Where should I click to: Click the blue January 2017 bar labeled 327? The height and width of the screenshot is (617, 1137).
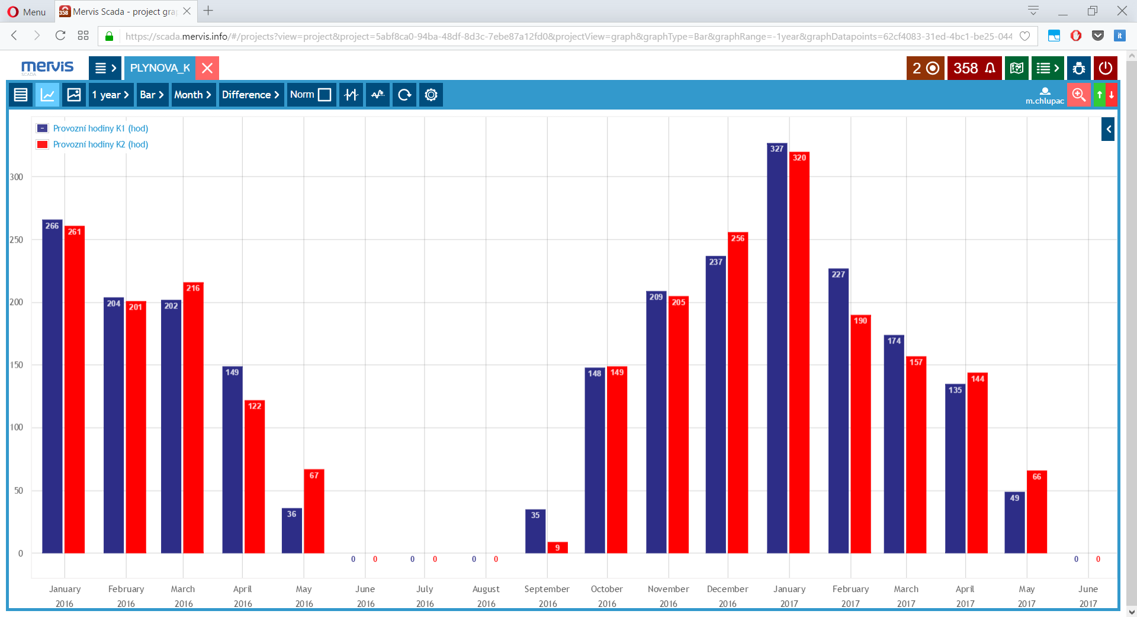(777, 349)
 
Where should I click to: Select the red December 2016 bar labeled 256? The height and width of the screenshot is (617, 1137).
(738, 394)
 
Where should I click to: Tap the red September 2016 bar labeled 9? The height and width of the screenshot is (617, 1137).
(557, 548)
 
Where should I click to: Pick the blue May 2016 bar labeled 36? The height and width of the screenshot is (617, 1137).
(292, 531)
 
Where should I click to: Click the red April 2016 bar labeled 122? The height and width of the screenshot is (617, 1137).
(255, 477)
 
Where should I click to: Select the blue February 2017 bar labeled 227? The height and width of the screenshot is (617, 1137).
(838, 412)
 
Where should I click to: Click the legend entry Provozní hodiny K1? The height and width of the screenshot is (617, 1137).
(100, 128)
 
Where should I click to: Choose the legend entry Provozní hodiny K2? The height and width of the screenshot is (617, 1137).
(100, 144)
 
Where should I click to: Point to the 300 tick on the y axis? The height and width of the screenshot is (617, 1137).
(17, 177)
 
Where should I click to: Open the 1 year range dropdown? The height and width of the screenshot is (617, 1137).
(110, 95)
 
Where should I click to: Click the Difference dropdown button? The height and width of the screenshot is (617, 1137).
(250, 95)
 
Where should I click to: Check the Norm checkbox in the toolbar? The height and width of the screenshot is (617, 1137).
(324, 95)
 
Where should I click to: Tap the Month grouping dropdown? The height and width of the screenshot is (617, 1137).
(192, 95)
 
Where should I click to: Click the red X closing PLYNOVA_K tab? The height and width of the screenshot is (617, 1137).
(207, 68)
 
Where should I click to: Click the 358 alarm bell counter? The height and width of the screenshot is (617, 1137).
(974, 68)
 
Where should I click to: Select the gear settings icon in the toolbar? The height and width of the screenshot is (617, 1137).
(431, 95)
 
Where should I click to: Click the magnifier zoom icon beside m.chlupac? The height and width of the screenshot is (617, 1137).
(1078, 95)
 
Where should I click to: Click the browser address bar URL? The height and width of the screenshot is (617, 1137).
(568, 36)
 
